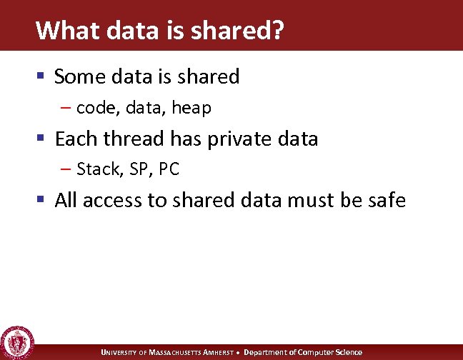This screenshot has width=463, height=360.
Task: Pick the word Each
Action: [76, 138]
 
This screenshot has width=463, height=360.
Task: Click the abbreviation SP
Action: [134, 169]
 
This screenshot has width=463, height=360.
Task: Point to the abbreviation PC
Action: [169, 169]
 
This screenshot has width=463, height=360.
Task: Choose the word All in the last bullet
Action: [66, 200]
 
